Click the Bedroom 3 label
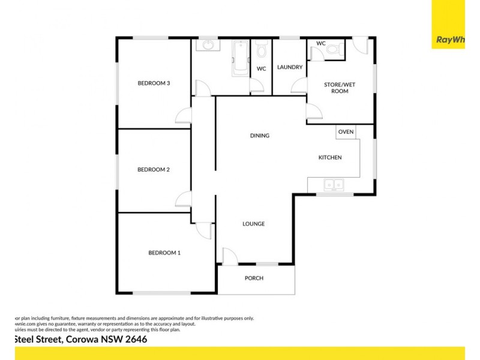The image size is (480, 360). coord(155,83)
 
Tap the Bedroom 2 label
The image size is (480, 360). coord(154,170)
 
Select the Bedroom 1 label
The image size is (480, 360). coord(164,253)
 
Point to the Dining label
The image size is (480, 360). coord(260,136)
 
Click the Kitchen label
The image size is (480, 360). coord(330,158)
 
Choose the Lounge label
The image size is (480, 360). coord(254,224)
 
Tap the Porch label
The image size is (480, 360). coord(254,278)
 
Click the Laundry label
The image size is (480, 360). coord(290,67)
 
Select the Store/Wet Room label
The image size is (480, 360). coord(340,88)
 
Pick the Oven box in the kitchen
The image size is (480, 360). coord(346,132)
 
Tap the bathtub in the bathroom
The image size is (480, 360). coord(240,58)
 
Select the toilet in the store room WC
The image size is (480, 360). coord(337,51)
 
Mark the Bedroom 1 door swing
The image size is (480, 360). coord(204,230)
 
